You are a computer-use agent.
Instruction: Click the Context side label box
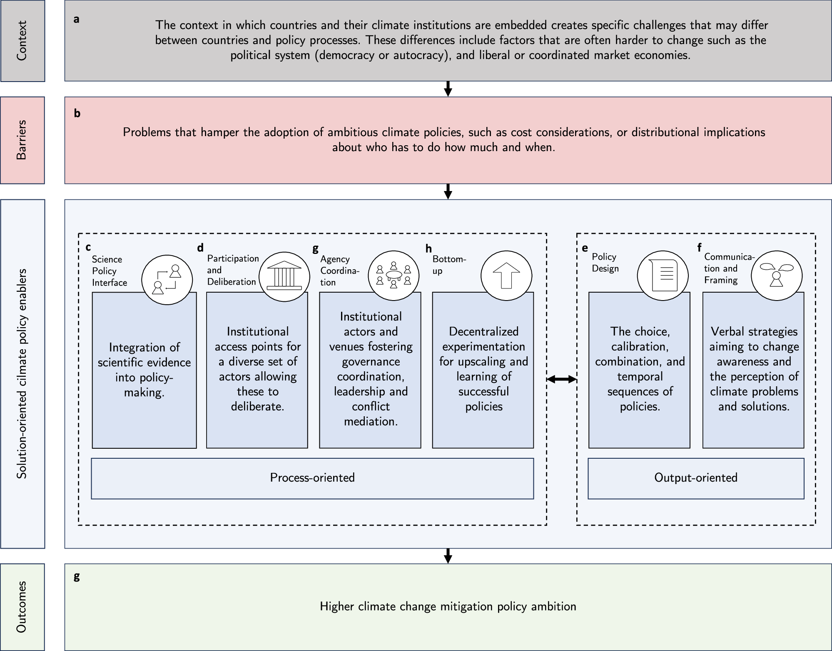pyautogui.click(x=22, y=41)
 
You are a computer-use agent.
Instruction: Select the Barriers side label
pyautogui.click(x=22, y=140)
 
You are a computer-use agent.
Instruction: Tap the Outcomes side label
pyautogui.click(x=22, y=606)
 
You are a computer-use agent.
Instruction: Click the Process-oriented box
pyautogui.click(x=312, y=478)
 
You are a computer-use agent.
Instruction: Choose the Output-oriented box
pyautogui.click(x=695, y=478)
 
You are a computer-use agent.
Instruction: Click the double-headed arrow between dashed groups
pyautogui.click(x=561, y=379)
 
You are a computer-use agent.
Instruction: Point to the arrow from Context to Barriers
pyautogui.click(x=448, y=89)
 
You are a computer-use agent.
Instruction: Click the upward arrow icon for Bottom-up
pyautogui.click(x=506, y=276)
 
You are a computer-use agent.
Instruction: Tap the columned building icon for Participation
pyautogui.click(x=284, y=276)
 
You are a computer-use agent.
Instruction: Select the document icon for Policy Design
pyautogui.click(x=663, y=276)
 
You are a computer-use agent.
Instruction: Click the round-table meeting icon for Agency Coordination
pyautogui.click(x=394, y=276)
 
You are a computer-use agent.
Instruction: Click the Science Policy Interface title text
pyautogui.click(x=109, y=271)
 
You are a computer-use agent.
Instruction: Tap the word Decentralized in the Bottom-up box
pyautogui.click(x=483, y=332)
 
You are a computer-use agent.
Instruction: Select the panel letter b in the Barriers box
pyautogui.click(x=77, y=114)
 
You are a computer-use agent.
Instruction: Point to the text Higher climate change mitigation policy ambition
pyautogui.click(x=448, y=606)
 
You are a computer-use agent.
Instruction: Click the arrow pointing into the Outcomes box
pyautogui.click(x=448, y=556)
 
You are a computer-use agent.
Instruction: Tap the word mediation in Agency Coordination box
pyautogui.click(x=371, y=422)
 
